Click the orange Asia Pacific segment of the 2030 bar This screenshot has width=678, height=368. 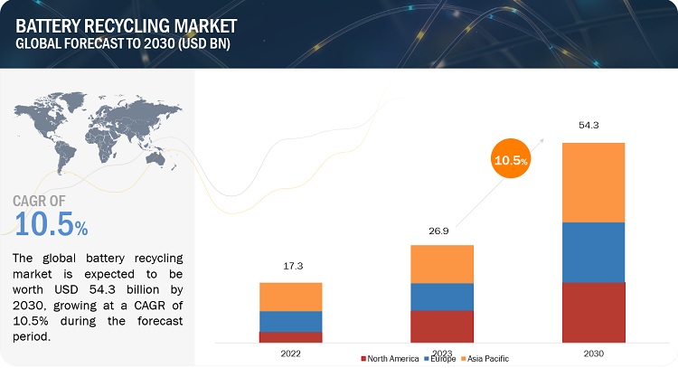click(x=592, y=182)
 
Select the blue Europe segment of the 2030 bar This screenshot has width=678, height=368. click(x=592, y=252)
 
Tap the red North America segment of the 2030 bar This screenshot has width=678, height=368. click(x=592, y=312)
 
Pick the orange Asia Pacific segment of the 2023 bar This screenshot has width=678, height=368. click(x=442, y=263)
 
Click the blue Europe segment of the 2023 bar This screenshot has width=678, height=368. click(x=442, y=297)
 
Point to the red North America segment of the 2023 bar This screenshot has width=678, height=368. click(x=442, y=326)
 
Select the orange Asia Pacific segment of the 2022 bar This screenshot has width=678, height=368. click(x=290, y=297)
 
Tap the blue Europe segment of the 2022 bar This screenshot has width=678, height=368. click(x=290, y=321)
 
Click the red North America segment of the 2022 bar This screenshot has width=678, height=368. click(x=290, y=337)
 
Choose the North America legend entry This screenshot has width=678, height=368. click(x=391, y=359)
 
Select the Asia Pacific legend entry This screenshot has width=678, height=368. click(x=492, y=359)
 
